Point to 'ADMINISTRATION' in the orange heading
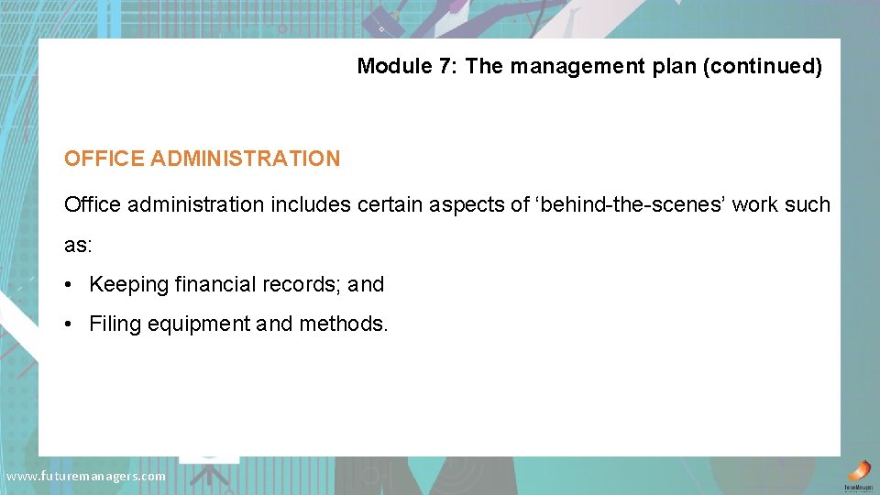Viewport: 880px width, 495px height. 245,159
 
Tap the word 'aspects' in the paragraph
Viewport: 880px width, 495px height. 467,204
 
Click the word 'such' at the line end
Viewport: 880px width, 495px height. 807,204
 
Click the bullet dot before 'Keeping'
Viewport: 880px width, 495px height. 69,285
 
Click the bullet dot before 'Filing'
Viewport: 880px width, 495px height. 69,324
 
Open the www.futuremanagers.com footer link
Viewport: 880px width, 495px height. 86,476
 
